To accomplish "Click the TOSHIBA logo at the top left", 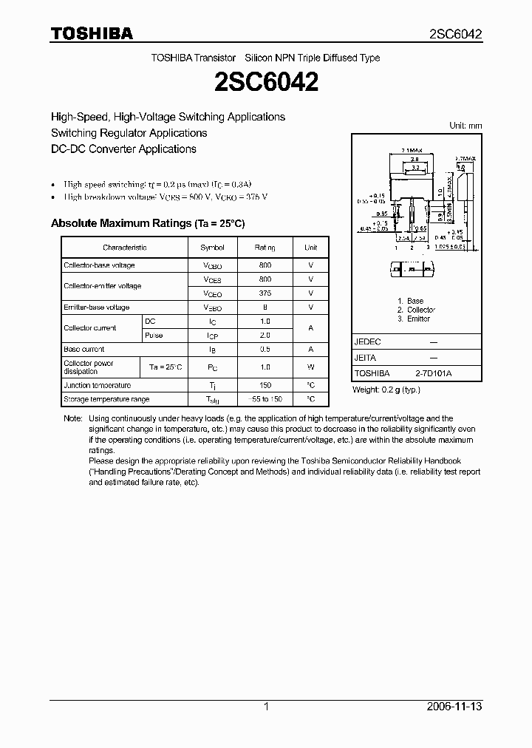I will point(92,34).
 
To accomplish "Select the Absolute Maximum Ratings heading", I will point(147,223).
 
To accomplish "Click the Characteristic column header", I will point(124,248).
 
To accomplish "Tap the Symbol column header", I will point(212,248).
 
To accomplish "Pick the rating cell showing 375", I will point(265,293).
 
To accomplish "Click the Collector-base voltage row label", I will point(99,265).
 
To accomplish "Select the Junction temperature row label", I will point(97,385).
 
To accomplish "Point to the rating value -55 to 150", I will point(265,399).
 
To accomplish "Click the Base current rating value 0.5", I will point(265,349).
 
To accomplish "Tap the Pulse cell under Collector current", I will point(154,336).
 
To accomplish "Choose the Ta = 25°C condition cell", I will point(165,367).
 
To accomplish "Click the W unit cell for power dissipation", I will point(311,367).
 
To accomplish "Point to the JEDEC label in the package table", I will point(367,342).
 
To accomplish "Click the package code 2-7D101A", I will point(433,374).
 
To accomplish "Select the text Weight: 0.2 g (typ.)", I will point(386,390).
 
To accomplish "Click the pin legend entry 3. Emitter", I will point(414,319).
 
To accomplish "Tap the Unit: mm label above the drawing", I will point(465,126).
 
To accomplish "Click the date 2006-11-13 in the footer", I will point(454,707).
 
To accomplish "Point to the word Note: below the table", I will point(73,418).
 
